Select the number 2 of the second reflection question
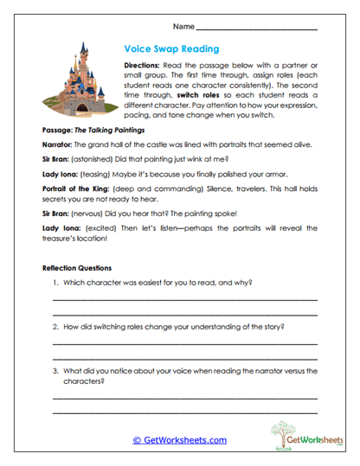55,327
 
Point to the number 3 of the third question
55,370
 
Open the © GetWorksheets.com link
179,439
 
